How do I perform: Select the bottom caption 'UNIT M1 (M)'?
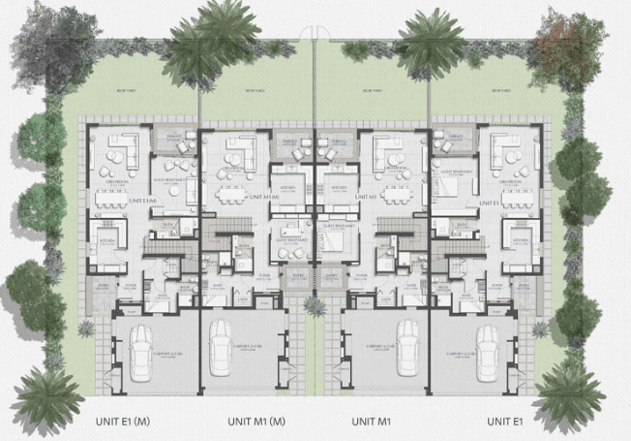tap(256, 422)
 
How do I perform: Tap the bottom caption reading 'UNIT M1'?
tap(371, 422)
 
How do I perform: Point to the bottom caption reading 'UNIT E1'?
tap(504, 422)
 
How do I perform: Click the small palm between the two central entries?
tap(315, 306)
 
